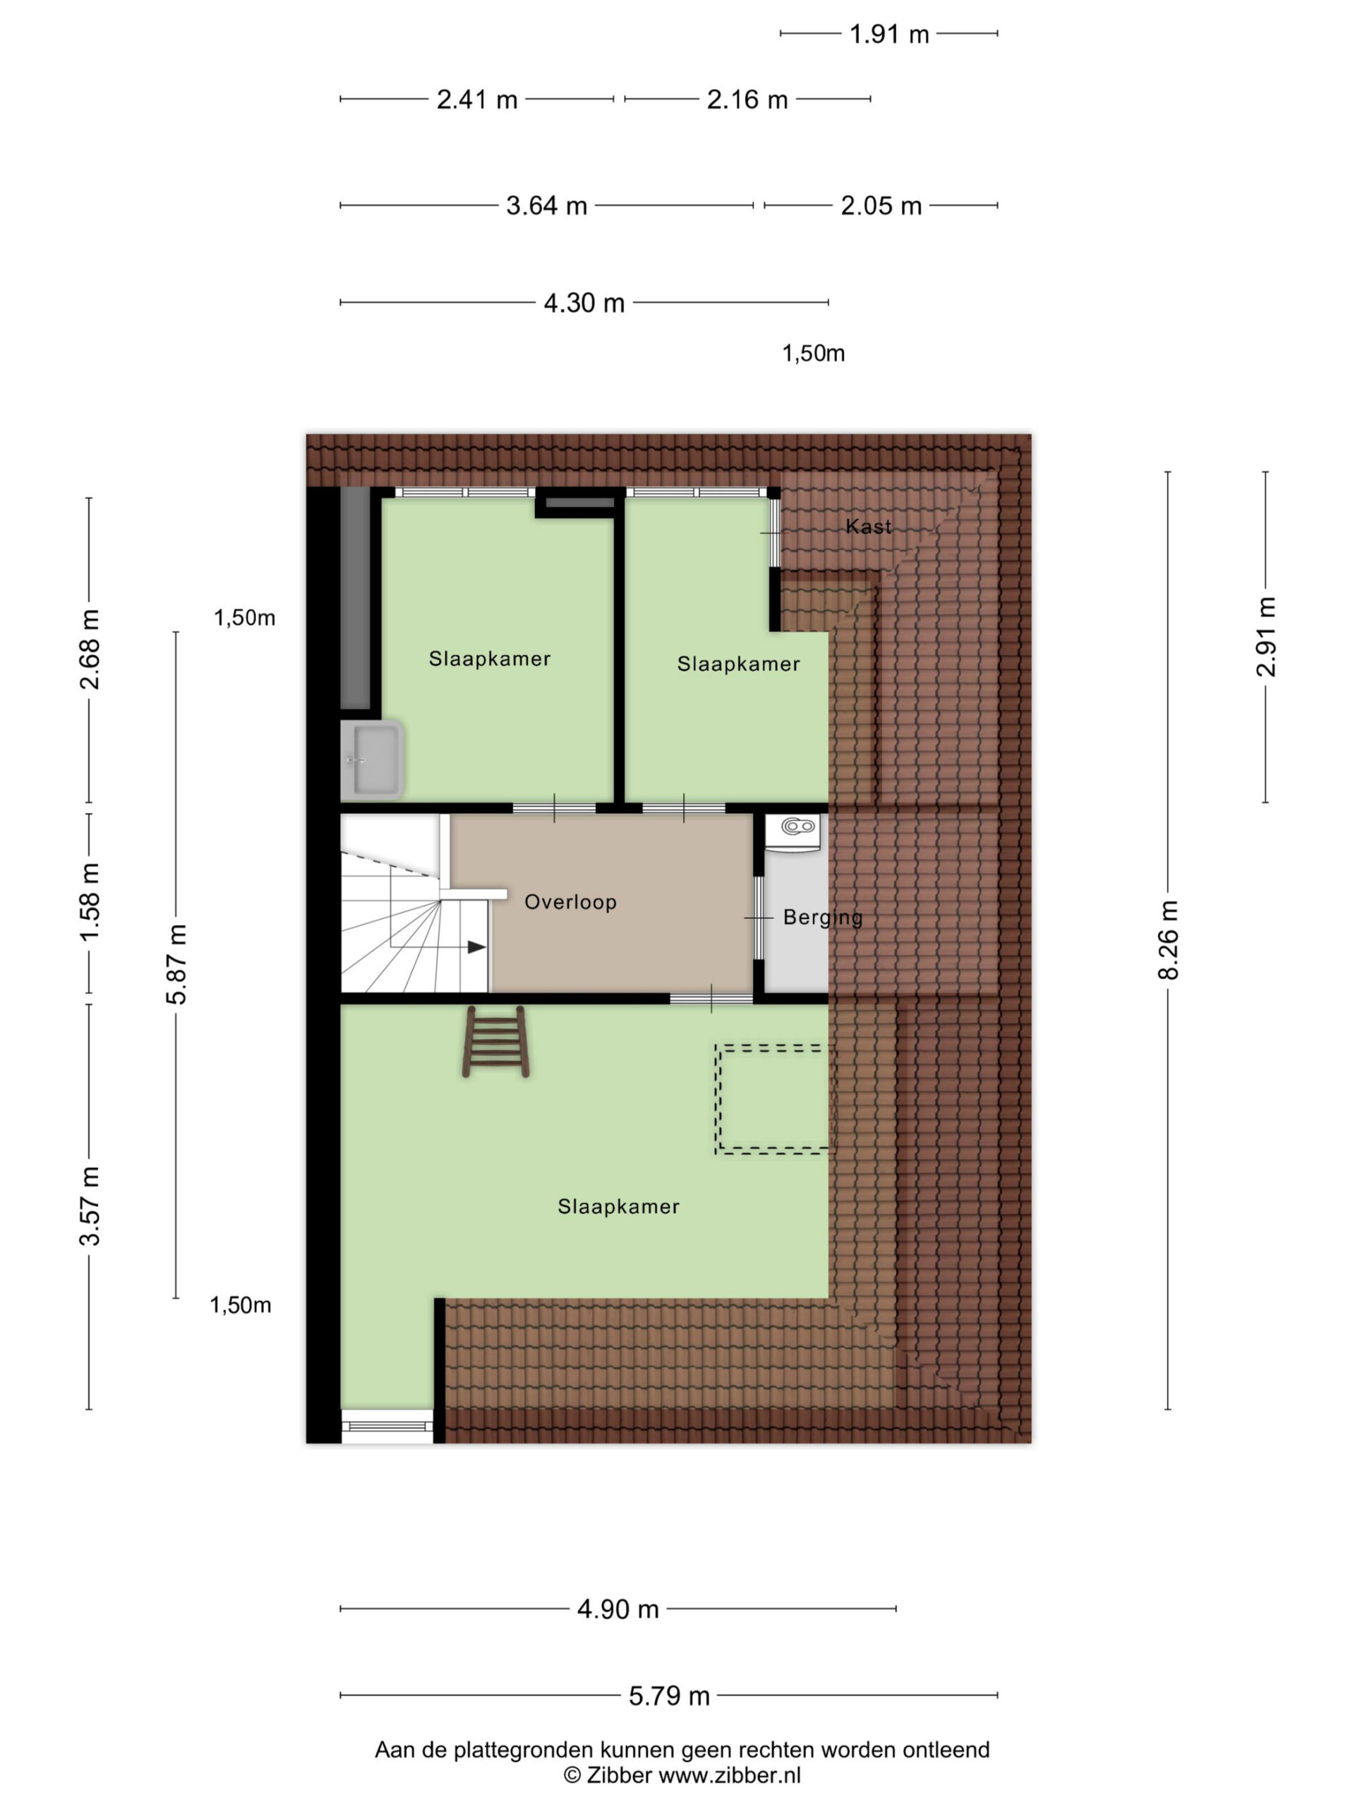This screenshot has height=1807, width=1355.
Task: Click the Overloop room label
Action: point(570,902)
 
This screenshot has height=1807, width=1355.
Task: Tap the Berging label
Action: point(822,918)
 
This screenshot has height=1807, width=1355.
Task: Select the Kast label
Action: point(868,527)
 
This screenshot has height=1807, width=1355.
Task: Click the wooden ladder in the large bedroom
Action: point(495,1042)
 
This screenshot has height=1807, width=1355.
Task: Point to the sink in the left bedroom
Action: point(372,760)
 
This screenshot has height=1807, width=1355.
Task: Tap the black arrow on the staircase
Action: point(476,947)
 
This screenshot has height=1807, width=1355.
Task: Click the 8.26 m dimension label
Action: point(1168,939)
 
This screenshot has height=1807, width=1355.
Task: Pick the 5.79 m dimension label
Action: point(669,1696)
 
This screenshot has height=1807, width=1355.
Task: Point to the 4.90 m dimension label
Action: point(618,1609)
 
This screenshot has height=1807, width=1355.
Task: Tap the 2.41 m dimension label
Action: point(477,100)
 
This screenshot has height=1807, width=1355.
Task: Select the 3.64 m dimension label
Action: point(546,205)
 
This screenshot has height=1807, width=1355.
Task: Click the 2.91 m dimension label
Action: point(1265,637)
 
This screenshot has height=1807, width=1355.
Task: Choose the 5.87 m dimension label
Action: point(176,964)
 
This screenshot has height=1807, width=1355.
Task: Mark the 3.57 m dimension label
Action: point(89,1206)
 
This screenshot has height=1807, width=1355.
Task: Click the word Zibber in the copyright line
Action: point(618,1775)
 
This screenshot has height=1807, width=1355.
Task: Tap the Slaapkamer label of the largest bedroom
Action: point(618,1206)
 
